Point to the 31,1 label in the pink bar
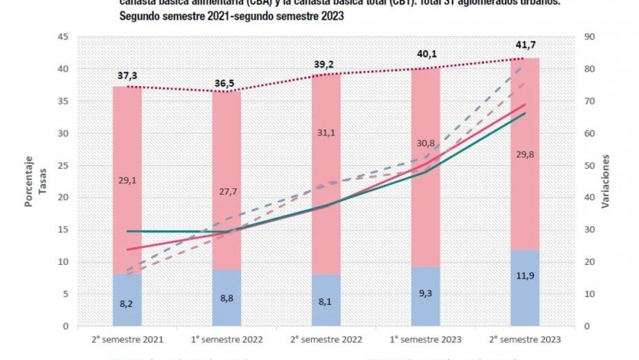(326, 132)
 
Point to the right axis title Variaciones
(606, 182)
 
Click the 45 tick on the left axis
(63, 37)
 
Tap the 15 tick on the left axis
(63, 230)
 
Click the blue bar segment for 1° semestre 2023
(425, 297)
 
